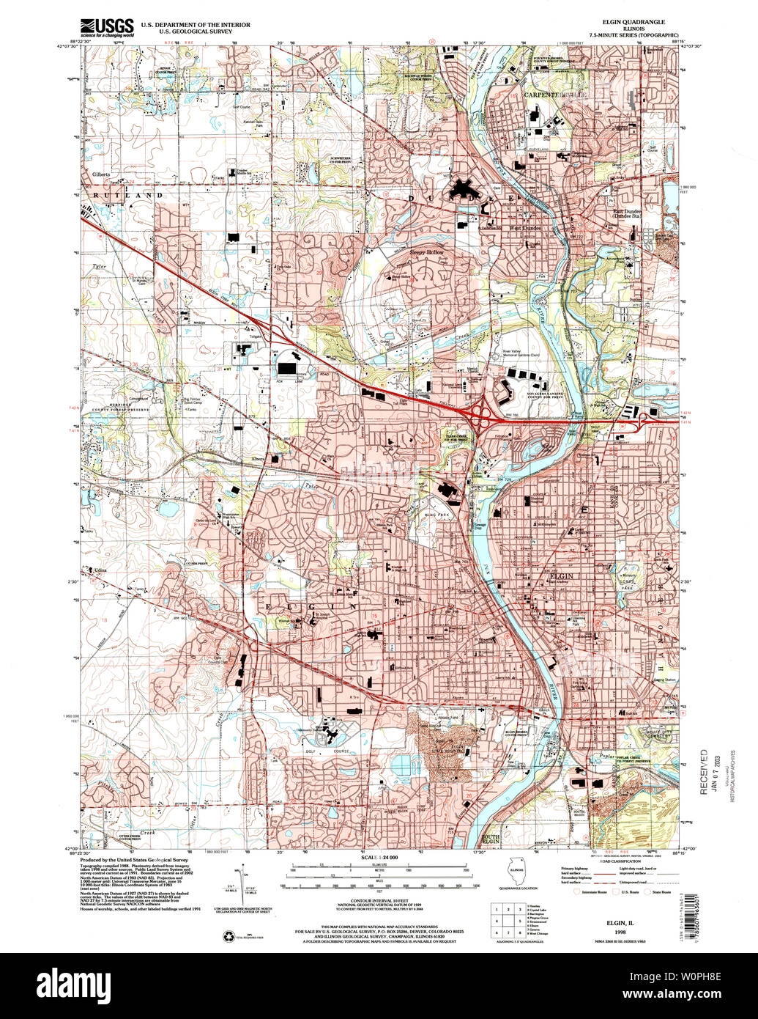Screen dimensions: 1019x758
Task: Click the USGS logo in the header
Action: [106, 27]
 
